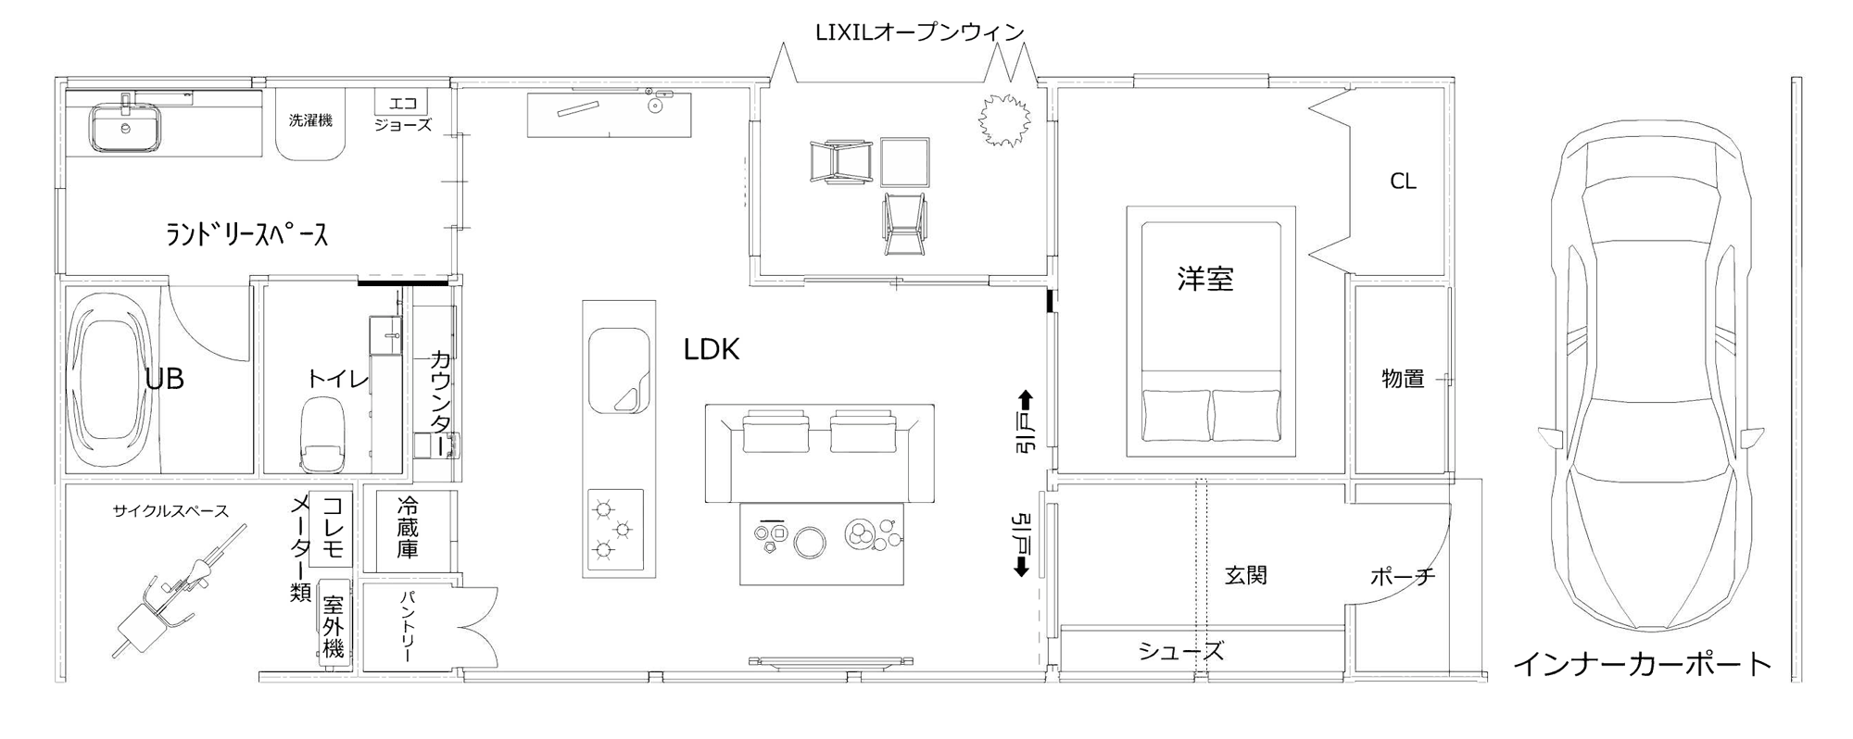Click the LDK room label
pos(712,349)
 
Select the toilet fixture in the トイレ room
pos(322,434)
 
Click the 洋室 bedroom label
pos(1205,279)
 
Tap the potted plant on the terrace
pos(1003,118)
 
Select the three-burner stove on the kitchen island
pos(615,529)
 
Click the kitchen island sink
pos(619,369)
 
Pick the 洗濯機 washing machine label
pos(310,120)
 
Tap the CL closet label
pos(1403,182)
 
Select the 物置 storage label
pos(1403,378)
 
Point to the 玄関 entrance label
pos(1245,575)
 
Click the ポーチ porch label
pos(1403,577)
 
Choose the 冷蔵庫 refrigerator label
pos(408,528)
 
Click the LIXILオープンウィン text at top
pos(919,32)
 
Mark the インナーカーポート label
pos(1642,663)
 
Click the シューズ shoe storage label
pos(1181,651)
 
